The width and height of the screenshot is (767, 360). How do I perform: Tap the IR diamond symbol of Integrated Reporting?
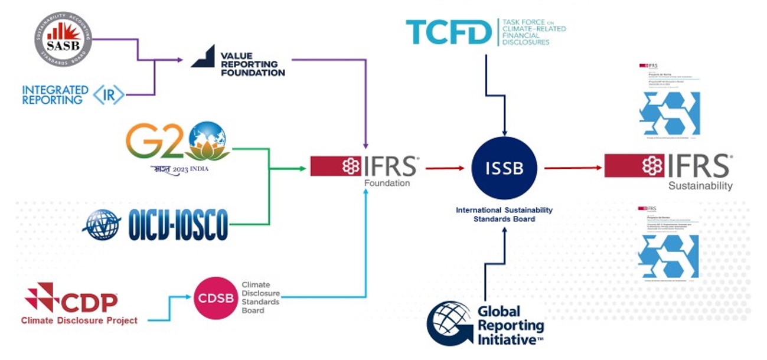click(109, 95)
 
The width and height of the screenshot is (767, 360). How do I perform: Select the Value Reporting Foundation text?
click(252, 64)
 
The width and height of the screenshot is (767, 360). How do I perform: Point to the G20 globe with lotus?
click(206, 142)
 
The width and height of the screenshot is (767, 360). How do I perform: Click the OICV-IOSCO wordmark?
click(178, 225)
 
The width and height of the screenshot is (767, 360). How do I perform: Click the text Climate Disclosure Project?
click(79, 320)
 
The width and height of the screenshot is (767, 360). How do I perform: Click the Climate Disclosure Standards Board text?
click(260, 297)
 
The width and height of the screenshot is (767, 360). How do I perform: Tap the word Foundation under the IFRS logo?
click(387, 183)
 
